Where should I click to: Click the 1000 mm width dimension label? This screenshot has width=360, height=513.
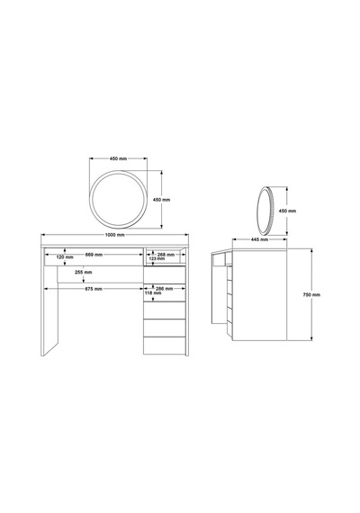(x=114, y=235)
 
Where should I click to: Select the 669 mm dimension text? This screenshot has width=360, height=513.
(x=94, y=255)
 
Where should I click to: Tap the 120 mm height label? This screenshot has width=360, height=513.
(x=65, y=257)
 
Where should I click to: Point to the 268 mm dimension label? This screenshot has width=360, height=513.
(x=166, y=255)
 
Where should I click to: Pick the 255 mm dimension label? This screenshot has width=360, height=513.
(x=83, y=272)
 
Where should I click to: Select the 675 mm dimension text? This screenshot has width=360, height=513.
(x=94, y=289)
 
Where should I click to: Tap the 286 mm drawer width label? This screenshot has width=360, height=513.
(x=165, y=289)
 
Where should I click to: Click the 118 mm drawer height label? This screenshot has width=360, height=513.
(x=153, y=293)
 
